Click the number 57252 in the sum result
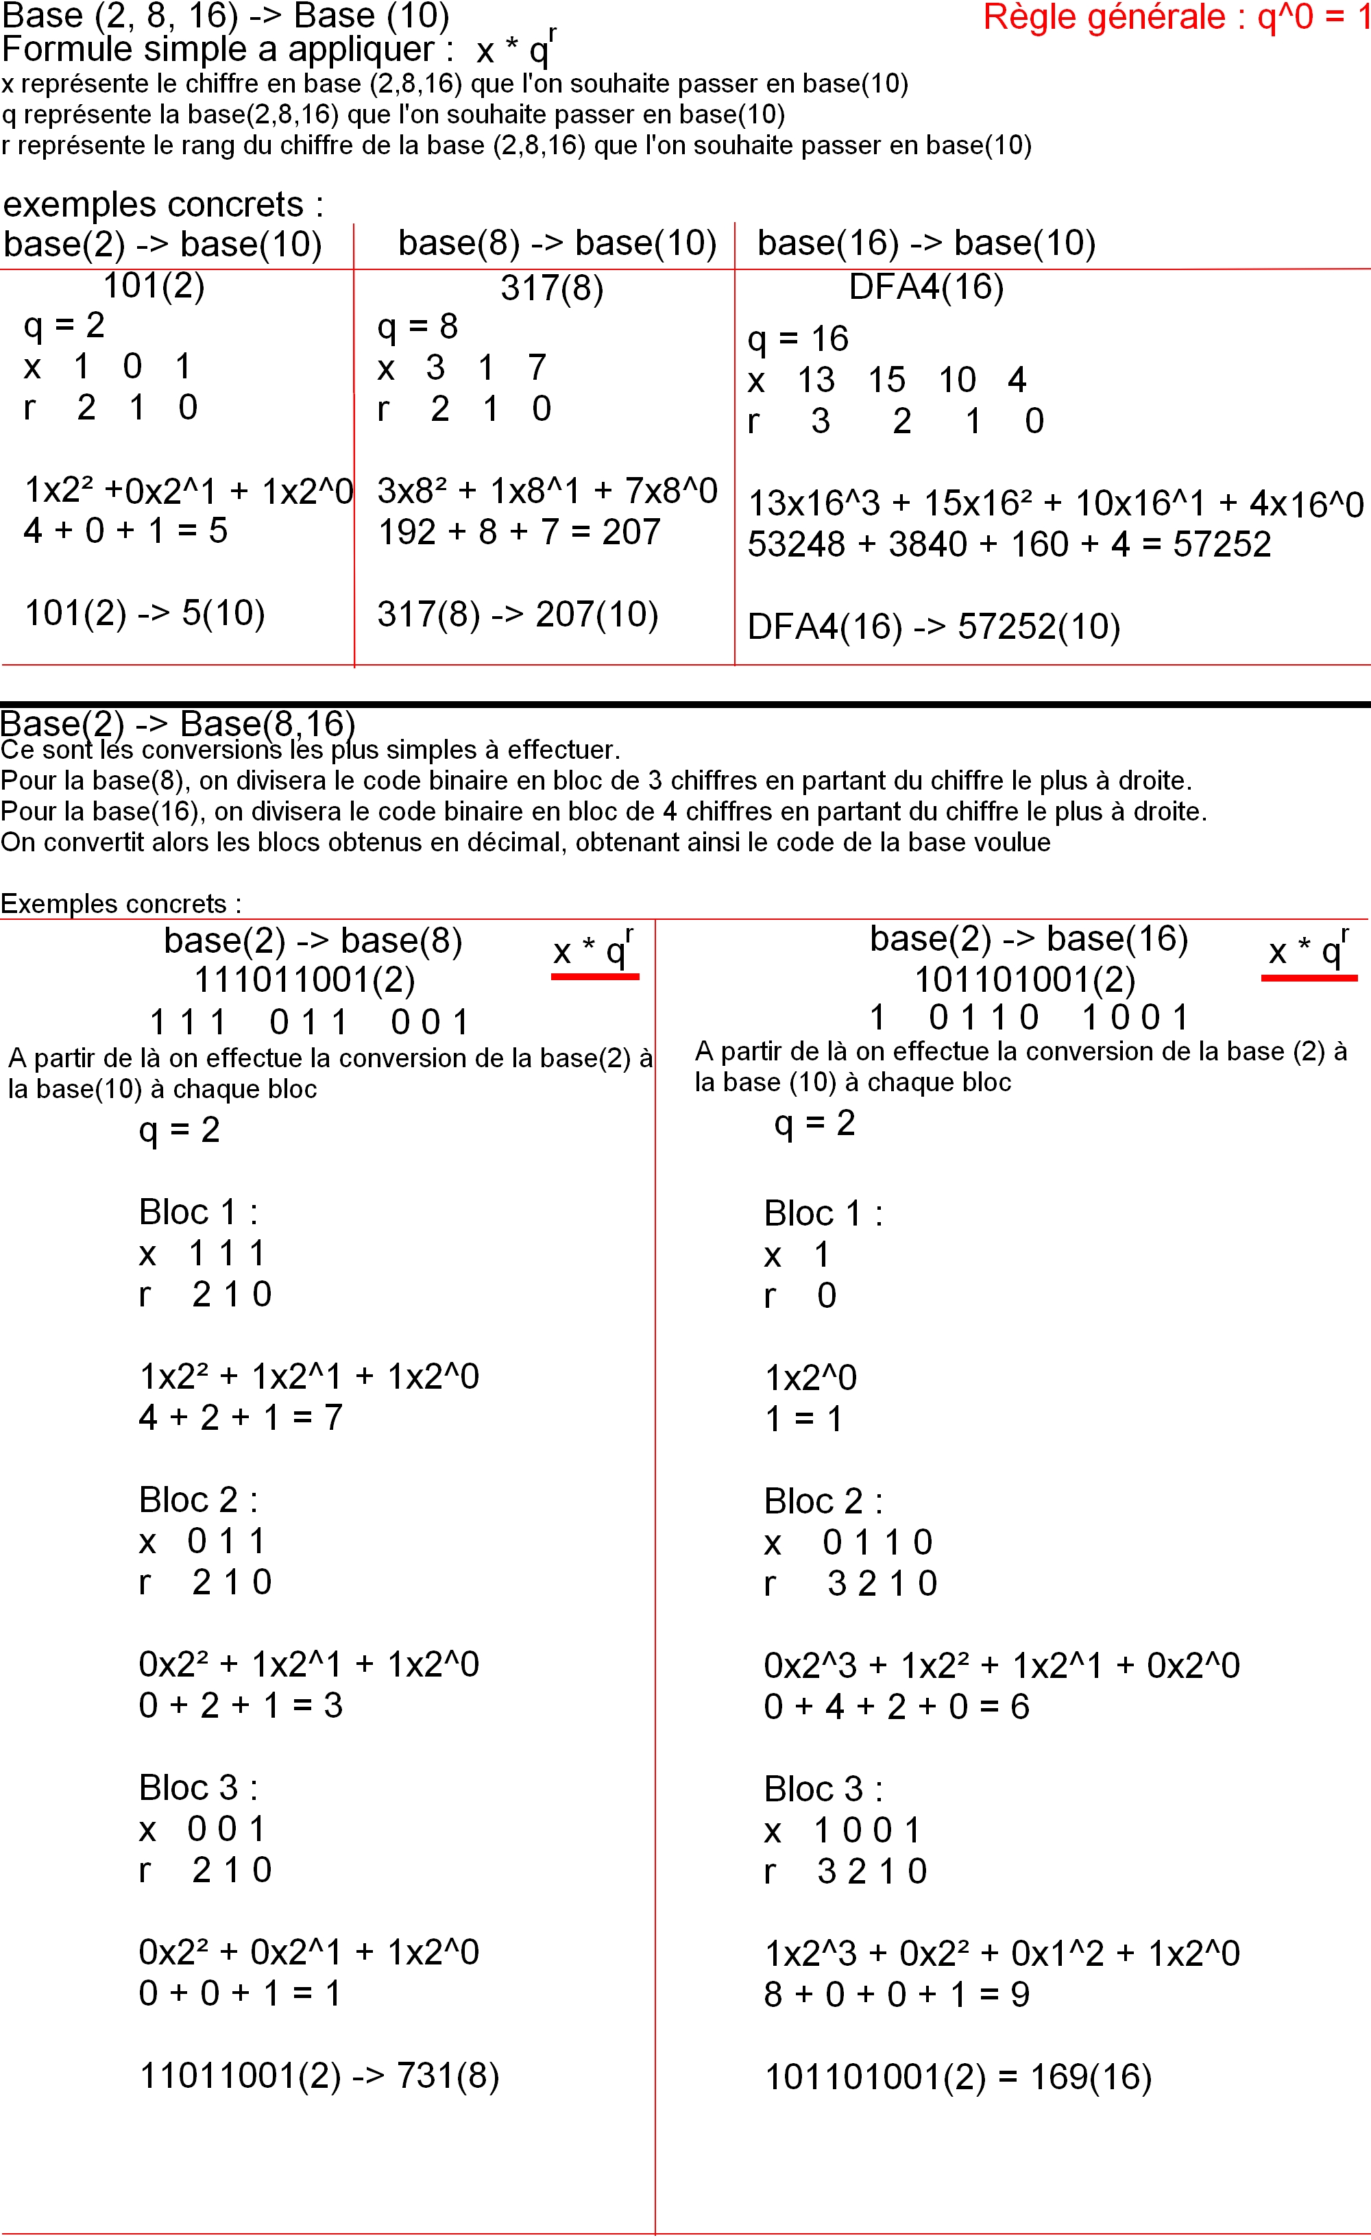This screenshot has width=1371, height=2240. pos(1221,544)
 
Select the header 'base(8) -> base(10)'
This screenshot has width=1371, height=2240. pos(557,243)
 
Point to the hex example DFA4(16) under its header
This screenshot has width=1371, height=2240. pos(925,287)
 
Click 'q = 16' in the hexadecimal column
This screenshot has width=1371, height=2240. pos(797,339)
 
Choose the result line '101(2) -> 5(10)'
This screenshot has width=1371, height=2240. pos(145,613)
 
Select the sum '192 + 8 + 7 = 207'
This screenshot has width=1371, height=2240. pos(518,532)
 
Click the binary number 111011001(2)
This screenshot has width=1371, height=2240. pos(304,980)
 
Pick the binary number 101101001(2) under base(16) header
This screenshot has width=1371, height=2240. pos(1025,980)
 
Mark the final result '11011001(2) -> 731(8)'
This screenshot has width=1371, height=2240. pos(319,2075)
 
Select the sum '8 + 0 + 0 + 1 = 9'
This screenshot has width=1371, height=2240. pos(897,1995)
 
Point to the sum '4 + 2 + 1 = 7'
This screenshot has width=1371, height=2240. pos(240,1417)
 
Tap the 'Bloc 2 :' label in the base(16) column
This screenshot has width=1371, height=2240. pos(823,1501)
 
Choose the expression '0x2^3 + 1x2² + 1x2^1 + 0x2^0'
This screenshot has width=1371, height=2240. pos(1001,1666)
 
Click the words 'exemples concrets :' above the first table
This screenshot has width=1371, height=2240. pos(164,204)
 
